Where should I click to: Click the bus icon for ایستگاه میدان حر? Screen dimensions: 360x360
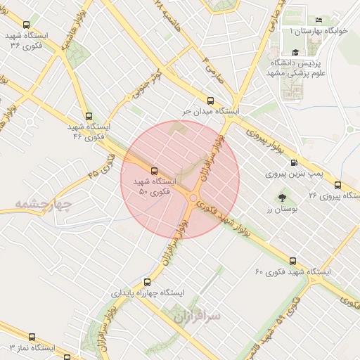coord(210,100)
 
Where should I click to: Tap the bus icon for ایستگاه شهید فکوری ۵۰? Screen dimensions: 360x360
coord(153,170)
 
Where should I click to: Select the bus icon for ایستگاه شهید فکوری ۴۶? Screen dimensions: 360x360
coord(88,116)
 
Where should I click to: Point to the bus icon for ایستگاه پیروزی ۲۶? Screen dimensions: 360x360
coord(338,185)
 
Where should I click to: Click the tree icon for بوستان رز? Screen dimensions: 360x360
coord(282,198)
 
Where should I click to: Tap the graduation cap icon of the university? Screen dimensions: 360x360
coord(295,53)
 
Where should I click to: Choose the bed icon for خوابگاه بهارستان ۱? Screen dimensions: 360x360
coord(319,20)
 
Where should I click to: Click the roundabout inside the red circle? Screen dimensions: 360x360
coord(193,198)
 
